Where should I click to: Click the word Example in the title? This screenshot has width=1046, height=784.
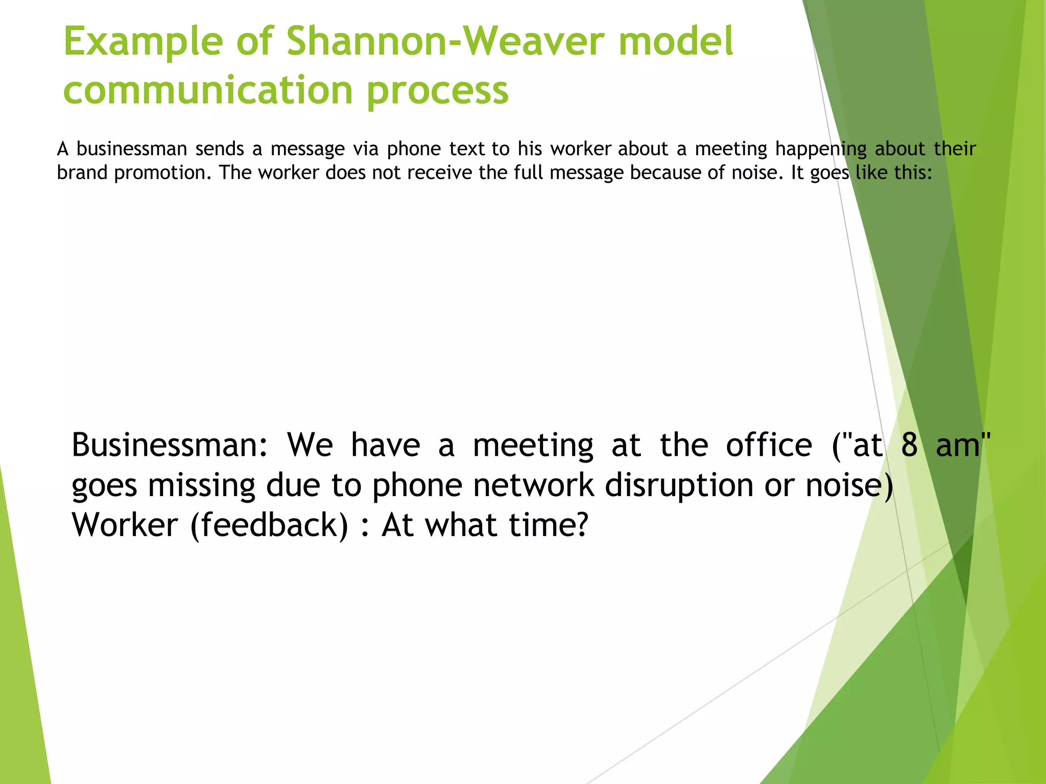point(143,42)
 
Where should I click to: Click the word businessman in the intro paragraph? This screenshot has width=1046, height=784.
point(132,149)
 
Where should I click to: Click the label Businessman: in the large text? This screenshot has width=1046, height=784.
point(170,445)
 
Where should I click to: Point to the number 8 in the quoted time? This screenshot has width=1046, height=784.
point(910,445)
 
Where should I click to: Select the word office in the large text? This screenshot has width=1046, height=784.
point(769,445)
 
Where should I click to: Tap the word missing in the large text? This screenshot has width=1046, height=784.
point(201,485)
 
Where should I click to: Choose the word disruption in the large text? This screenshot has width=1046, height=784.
point(679,485)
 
